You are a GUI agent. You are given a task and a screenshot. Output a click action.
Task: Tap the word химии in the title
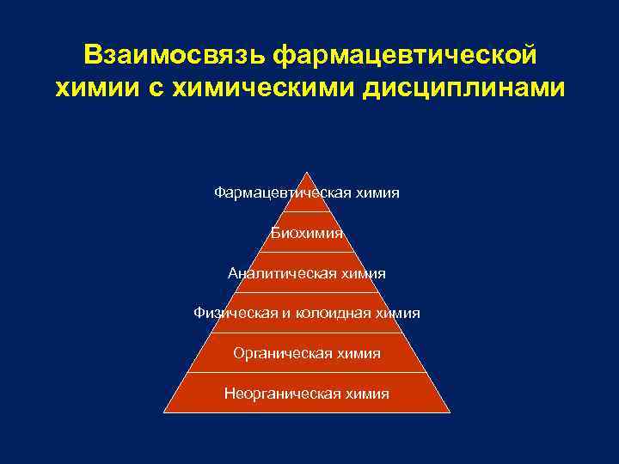[90, 89]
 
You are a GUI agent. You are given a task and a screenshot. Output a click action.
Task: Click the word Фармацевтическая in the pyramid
[277, 192]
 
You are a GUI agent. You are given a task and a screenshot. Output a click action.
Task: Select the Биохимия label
[307, 233]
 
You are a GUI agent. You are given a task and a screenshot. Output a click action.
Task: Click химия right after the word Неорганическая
[367, 394]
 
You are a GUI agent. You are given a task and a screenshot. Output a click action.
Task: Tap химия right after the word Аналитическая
[362, 273]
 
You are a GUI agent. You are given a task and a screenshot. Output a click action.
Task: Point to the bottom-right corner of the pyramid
[449, 412]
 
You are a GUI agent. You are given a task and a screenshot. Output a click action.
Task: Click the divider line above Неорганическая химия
[307, 373]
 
